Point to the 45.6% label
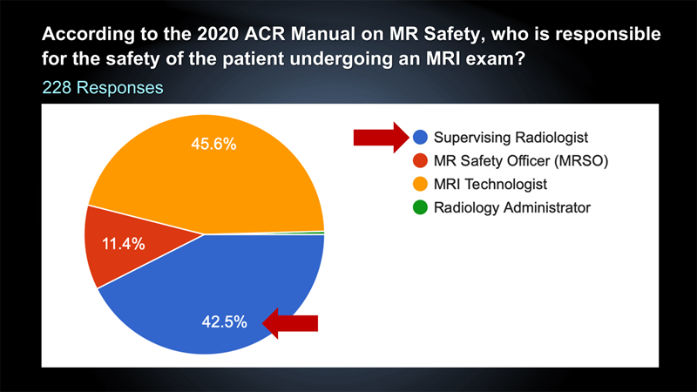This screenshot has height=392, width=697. pos(213,144)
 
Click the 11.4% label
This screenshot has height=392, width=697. pos(124,244)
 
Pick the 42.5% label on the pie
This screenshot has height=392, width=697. pos(225,321)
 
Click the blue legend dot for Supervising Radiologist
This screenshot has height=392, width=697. pos(420,137)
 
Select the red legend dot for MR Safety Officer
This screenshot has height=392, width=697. pos(420,160)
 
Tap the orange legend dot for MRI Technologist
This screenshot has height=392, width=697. pos(420,184)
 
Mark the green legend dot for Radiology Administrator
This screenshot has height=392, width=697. pos(420,207)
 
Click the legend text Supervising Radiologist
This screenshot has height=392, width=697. pos(511,138)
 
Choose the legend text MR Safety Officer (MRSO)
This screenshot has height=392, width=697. pos(521,160)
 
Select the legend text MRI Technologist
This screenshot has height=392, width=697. pos(491,184)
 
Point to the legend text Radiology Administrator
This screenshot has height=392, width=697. pos(512,207)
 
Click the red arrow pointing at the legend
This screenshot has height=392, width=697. pos(381,138)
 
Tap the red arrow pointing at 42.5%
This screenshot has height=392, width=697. pos(290,323)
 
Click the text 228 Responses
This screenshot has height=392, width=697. pos(103,88)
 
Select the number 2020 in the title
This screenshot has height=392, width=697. pos(218,34)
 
